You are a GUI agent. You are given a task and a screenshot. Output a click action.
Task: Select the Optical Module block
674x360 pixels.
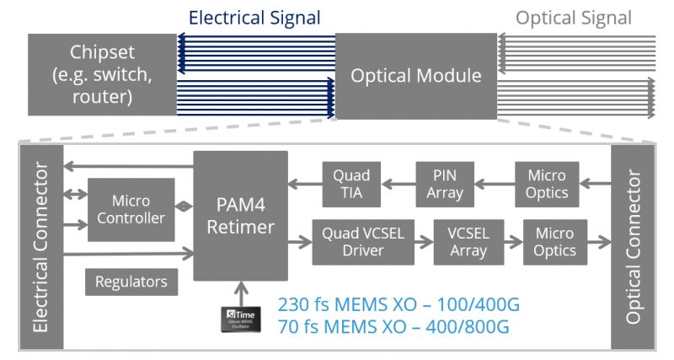click(x=415, y=75)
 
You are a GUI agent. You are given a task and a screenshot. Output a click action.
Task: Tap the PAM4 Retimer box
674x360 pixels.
click(x=240, y=216)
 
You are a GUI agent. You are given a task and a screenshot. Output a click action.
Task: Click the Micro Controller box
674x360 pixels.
click(x=131, y=210)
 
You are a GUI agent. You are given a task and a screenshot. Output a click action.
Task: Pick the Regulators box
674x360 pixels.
click(x=131, y=282)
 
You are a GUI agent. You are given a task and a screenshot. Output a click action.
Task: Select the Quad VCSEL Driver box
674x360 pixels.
click(x=363, y=242)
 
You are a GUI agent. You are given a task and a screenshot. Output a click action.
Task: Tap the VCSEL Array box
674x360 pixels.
click(x=468, y=242)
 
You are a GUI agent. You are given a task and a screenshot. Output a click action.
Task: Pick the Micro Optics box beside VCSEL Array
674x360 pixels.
click(x=554, y=242)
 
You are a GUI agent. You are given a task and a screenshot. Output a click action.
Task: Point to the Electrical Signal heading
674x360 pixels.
click(x=254, y=18)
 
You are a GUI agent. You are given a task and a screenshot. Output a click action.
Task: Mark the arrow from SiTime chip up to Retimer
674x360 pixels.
click(x=240, y=294)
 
